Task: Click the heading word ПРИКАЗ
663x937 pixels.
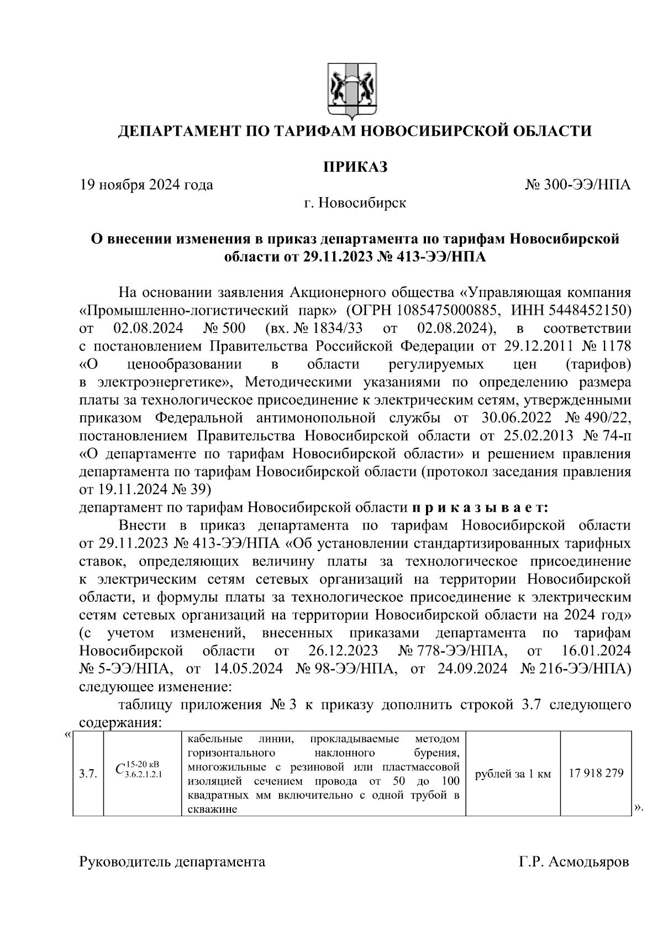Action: (x=355, y=166)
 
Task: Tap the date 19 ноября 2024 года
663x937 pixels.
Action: (x=146, y=184)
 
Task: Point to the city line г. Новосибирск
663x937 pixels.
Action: (x=355, y=203)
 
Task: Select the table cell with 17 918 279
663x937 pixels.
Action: (x=596, y=773)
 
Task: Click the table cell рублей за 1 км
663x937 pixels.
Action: (x=513, y=774)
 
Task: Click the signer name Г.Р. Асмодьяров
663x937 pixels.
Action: (x=573, y=862)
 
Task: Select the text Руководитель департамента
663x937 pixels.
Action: (x=172, y=862)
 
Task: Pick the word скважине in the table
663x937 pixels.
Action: (x=212, y=809)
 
